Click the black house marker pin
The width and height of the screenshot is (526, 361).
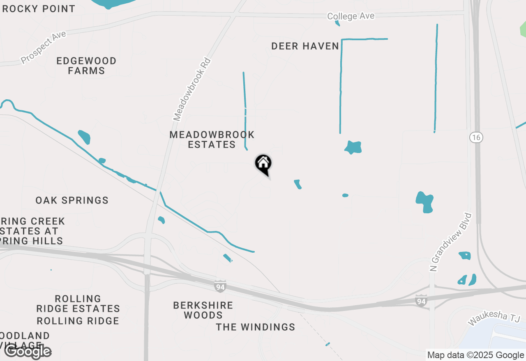[263, 164]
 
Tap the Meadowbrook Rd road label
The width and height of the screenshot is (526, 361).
[192, 89]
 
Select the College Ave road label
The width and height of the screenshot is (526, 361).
[351, 16]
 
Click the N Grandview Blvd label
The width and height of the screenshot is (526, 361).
[450, 242]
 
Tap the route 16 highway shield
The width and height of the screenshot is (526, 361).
[476, 137]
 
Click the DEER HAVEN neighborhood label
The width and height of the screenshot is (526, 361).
[305, 46]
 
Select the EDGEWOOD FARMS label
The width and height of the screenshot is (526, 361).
[86, 66]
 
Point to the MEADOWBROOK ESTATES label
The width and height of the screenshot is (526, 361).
[212, 139]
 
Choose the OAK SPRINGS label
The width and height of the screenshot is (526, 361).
[72, 200]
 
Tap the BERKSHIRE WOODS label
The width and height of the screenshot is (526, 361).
[203, 310]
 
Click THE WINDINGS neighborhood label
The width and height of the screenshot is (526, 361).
[256, 327]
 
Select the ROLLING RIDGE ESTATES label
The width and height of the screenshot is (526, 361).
[78, 304]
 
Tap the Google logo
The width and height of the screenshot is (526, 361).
[28, 351]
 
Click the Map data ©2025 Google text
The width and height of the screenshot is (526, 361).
[475, 355]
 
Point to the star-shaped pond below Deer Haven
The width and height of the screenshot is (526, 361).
[353, 147]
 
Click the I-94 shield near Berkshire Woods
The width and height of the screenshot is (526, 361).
[220, 287]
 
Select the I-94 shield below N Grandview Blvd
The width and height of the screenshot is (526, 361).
[421, 301]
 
